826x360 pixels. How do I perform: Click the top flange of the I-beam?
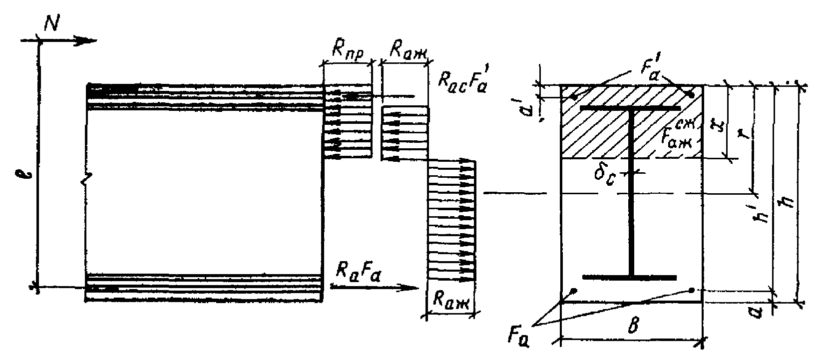(x=630, y=108)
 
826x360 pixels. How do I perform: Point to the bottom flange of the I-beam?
(x=629, y=277)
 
